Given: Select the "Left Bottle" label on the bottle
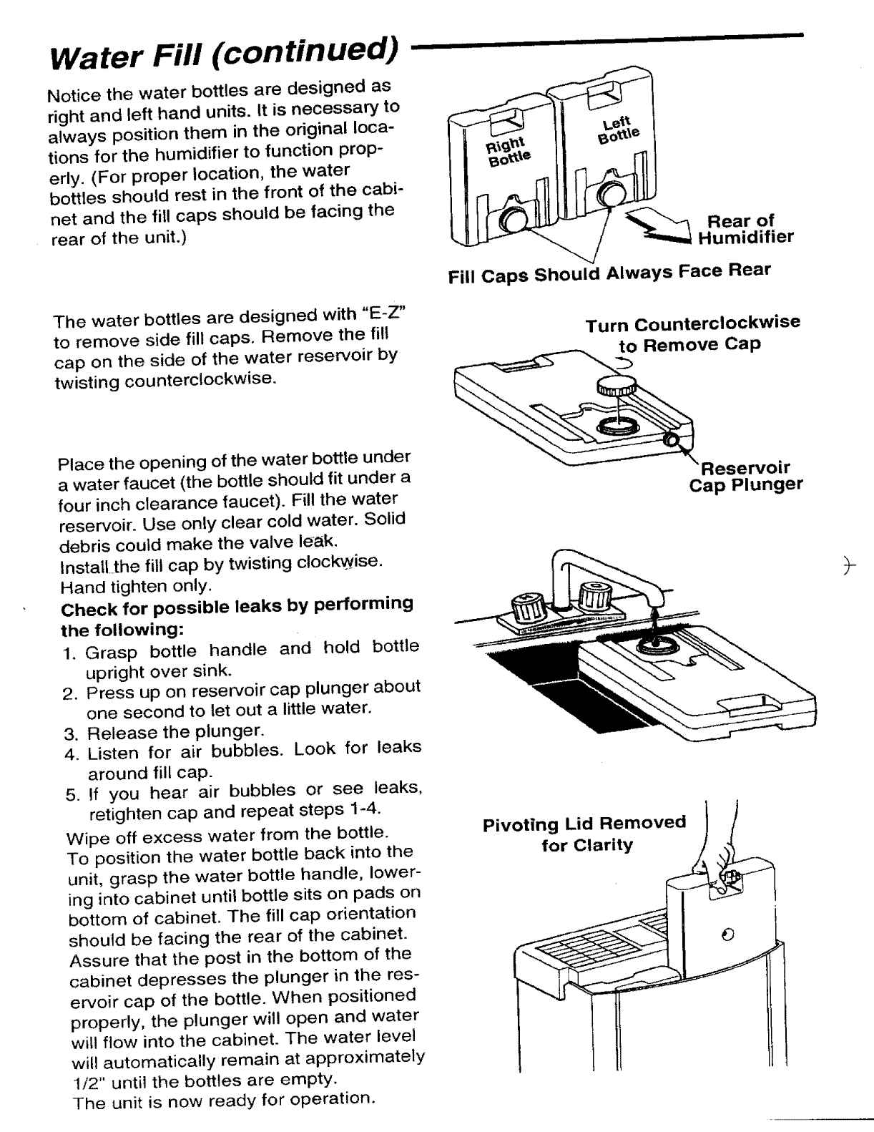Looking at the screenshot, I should click(616, 131).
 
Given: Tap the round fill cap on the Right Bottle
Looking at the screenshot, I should click(514, 218).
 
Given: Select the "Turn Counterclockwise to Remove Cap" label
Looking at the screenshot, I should click(692, 333).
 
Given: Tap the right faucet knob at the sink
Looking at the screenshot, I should click(594, 595).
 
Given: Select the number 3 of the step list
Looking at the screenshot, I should click(69, 733).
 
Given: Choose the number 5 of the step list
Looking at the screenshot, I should click(70, 794).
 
